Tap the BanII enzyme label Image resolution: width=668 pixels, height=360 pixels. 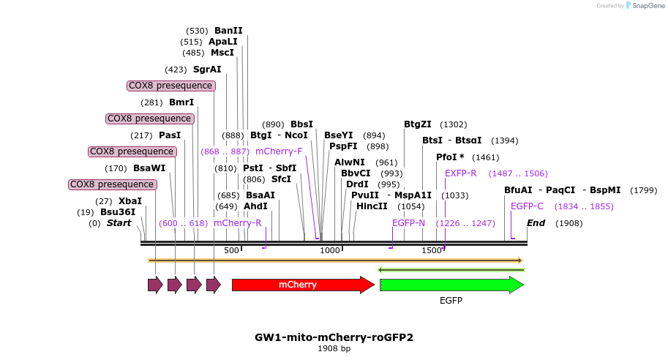[x=228, y=31]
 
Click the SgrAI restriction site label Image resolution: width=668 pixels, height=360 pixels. [x=207, y=70]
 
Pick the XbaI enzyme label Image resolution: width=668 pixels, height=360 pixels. [x=130, y=201]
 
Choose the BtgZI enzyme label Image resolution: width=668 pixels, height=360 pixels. [x=418, y=124]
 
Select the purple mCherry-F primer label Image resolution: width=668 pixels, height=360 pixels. [x=279, y=151]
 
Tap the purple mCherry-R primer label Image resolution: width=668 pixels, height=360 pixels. [x=237, y=223]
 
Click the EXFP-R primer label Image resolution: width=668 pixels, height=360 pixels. [x=461, y=173]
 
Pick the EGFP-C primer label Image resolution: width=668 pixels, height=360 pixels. [x=527, y=206]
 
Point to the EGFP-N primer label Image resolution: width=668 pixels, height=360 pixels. [x=408, y=223]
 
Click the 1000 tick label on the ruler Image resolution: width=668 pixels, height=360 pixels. [x=330, y=251]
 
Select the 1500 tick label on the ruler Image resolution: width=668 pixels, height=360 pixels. [x=432, y=251]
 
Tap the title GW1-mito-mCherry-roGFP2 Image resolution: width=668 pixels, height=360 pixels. [x=334, y=337]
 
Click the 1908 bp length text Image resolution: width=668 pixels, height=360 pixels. [x=334, y=349]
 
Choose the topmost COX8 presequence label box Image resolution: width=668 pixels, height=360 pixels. [x=171, y=86]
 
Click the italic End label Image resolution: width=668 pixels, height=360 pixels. [x=536, y=223]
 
